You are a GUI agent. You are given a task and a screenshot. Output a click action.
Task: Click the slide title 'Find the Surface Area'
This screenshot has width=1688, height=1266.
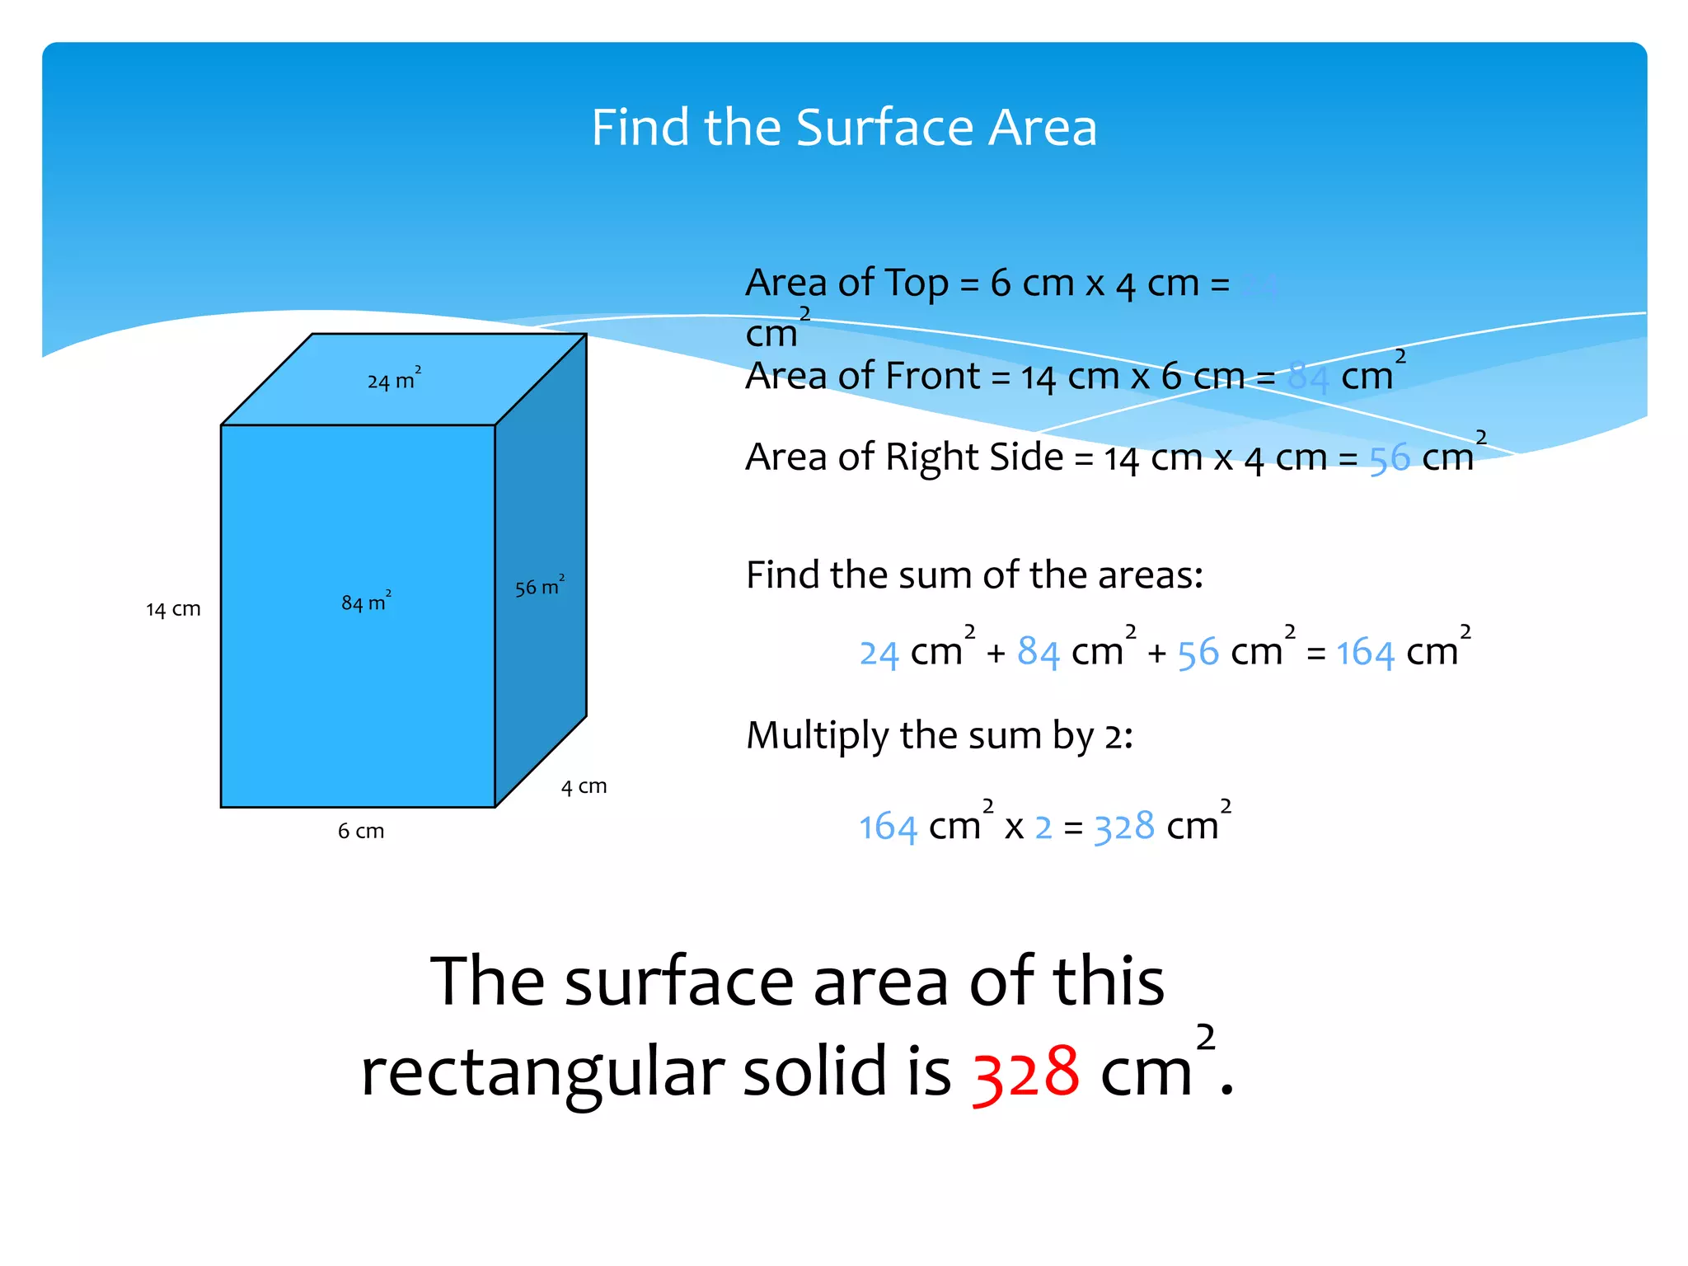pos(844,128)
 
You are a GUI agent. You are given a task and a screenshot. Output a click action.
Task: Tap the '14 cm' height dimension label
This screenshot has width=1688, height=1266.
pos(173,609)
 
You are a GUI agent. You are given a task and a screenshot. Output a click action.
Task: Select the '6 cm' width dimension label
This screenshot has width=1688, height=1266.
pos(361,831)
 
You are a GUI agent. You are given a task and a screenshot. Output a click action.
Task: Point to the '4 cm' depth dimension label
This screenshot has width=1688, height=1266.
pos(584,786)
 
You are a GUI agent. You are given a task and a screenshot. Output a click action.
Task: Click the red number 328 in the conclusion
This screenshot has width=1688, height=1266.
pos(1025,1073)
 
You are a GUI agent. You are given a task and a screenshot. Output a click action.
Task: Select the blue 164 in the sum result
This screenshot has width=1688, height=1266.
pos(1365,653)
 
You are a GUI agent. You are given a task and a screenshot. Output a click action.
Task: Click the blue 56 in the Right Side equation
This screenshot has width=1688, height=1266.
pos(1390,459)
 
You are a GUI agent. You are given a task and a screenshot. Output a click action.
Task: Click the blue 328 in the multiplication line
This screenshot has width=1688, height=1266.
pos(1124,827)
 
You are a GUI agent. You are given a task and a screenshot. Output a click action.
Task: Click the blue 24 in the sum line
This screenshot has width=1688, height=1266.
pos(879,654)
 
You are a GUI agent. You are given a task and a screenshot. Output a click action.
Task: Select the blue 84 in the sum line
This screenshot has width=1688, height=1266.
pos(1038,653)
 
